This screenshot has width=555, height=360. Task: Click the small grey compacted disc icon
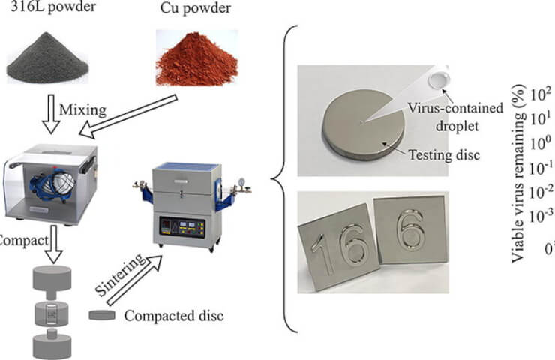click(101, 316)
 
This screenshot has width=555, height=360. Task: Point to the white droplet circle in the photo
click(436, 79)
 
